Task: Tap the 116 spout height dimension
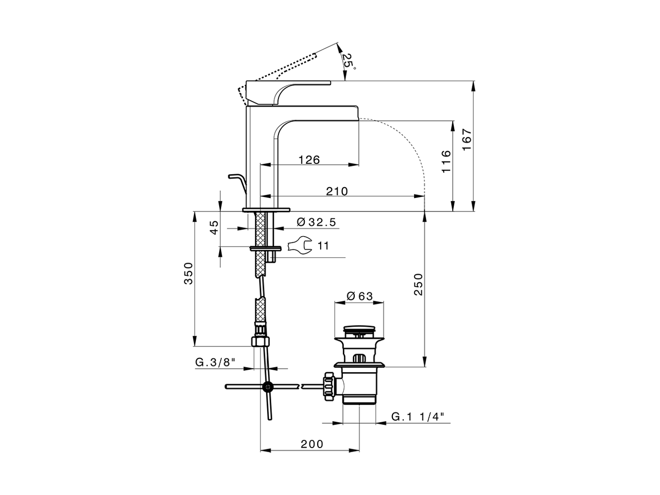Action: (446, 161)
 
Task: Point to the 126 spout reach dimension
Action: (309, 159)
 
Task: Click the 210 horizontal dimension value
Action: (337, 191)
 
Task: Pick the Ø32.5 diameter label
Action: (317, 222)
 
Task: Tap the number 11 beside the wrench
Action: (323, 246)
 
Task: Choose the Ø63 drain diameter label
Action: (359, 296)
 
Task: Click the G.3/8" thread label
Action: (215, 362)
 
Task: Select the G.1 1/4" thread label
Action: (417, 416)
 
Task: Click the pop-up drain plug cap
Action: (359, 329)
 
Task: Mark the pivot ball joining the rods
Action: (267, 387)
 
